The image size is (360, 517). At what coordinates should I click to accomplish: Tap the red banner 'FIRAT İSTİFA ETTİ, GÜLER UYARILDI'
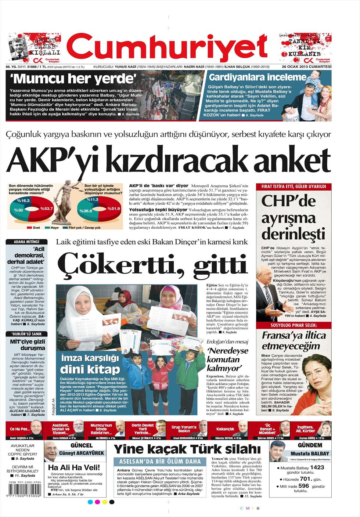(294, 187)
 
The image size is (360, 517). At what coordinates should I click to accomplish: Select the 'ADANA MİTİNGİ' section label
(26, 242)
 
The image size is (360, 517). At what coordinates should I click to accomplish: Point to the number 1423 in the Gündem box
(317, 467)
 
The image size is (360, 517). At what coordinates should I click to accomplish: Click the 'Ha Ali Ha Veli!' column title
(74, 467)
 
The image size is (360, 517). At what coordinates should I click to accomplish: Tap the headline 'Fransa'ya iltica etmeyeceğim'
(294, 340)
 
